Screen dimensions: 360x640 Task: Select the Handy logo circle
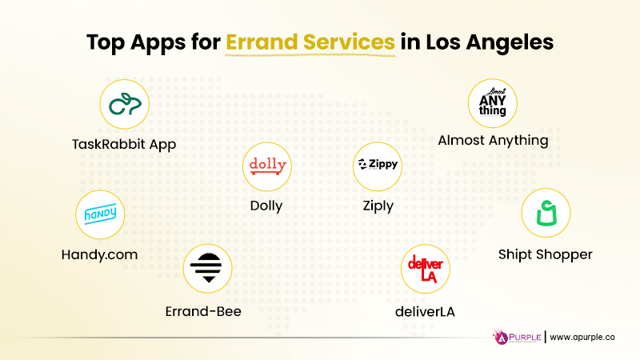click(x=100, y=214)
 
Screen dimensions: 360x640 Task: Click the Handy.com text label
click(x=99, y=254)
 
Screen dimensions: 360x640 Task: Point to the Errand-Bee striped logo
click(x=207, y=267)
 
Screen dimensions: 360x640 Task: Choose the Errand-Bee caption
click(x=202, y=311)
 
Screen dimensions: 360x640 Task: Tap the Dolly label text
click(x=266, y=206)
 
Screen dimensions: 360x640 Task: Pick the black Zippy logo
click(x=378, y=166)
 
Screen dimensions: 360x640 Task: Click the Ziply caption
click(x=378, y=206)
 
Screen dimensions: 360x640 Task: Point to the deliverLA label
click(x=426, y=311)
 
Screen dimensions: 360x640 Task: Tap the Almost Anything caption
click(x=493, y=140)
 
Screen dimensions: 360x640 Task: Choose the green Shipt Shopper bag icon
click(x=546, y=214)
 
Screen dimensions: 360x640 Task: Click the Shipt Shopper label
click(x=545, y=254)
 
